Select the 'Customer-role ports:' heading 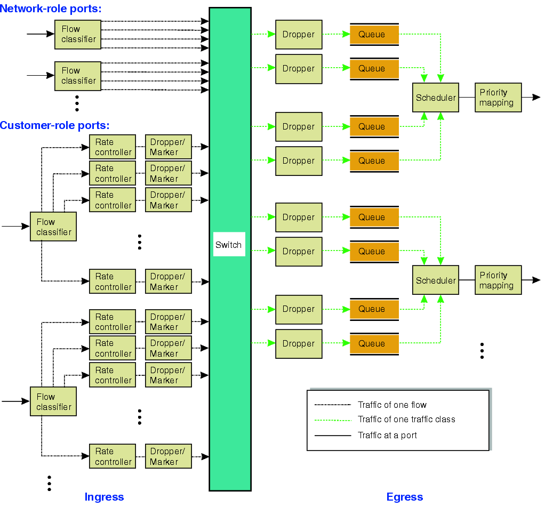(54, 125)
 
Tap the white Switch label (229, 245)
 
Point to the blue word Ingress (104, 497)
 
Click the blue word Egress (404, 497)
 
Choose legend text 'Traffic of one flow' (392, 405)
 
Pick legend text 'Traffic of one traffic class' (406, 420)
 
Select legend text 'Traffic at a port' (387, 435)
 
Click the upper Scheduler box (436, 98)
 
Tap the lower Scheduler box (436, 280)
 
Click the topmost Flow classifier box (78, 34)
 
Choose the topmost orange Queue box (374, 35)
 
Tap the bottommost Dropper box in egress (299, 344)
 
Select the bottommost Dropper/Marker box (168, 456)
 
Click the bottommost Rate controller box (113, 456)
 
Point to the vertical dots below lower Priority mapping (482, 351)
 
